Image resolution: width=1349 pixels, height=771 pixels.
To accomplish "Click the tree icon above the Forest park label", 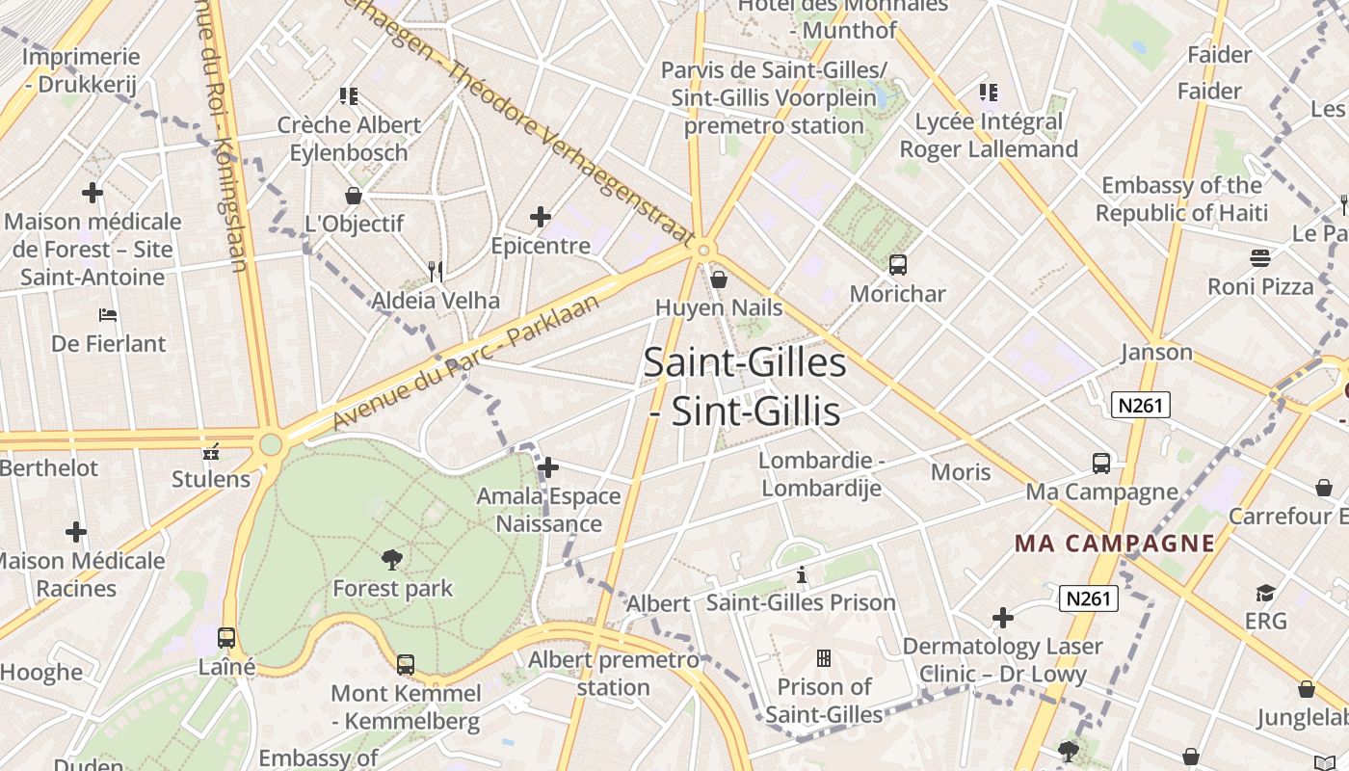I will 391,559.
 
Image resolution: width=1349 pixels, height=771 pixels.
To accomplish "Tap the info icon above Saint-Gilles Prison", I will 801,575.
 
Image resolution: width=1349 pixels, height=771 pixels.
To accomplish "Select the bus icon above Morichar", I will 898,264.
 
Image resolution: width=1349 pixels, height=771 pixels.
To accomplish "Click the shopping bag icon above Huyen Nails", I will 719,279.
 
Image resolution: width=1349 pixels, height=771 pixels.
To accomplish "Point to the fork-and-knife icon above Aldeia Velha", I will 436,271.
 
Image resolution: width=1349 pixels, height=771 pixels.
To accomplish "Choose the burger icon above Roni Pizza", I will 1260,257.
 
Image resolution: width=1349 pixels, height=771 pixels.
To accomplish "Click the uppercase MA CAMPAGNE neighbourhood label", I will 1114,544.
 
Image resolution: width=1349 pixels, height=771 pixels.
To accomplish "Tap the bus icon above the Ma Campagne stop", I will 1101,463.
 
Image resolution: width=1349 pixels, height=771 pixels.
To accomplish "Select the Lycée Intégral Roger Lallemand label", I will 989,136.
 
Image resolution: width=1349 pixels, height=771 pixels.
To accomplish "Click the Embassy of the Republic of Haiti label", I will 1181,199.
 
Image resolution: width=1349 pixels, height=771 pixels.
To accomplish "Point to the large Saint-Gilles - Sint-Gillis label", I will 745,387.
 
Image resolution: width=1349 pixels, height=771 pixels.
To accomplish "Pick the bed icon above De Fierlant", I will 108,315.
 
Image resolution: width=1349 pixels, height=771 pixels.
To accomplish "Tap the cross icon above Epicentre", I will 541,217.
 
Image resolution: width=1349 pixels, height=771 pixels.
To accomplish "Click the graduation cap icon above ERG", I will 1265,593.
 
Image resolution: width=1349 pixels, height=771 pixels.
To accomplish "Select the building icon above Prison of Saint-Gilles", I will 824,658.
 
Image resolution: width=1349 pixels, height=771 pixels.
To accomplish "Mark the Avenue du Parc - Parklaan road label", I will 466,362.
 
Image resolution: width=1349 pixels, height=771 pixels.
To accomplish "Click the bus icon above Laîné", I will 226,638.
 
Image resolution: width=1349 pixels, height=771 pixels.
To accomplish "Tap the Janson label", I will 1156,353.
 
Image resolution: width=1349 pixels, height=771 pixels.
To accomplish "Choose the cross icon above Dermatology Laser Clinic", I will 1003,617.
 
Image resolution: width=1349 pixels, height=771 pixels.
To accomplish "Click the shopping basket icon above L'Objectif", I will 354,196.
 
